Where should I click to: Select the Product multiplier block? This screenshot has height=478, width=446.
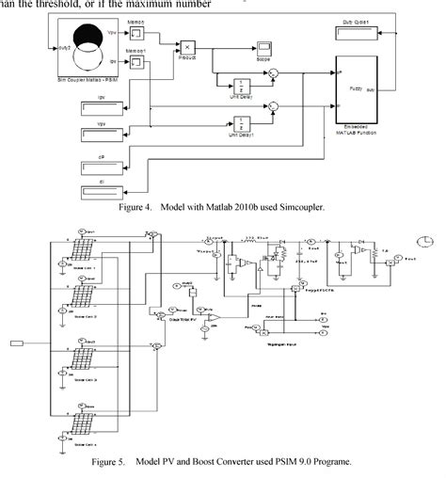187,46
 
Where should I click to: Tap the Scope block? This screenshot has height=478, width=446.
265,47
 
